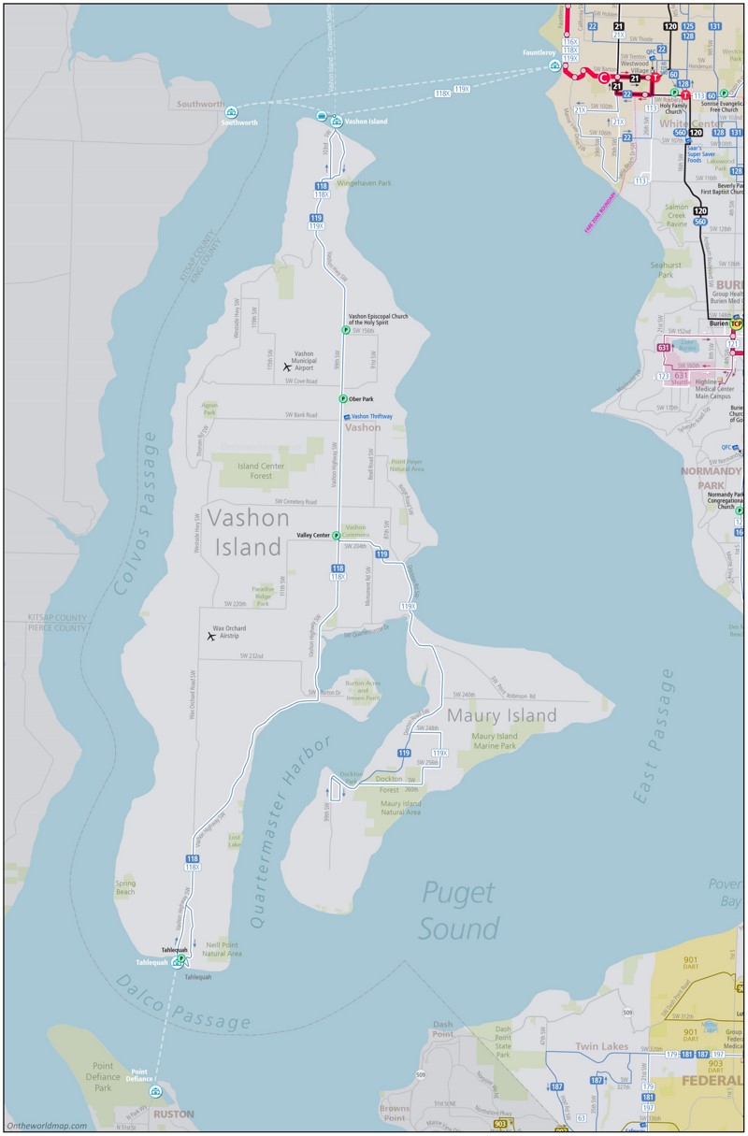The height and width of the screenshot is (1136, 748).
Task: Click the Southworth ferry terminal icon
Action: [230, 112]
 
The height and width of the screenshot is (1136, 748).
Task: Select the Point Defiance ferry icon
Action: [155, 1091]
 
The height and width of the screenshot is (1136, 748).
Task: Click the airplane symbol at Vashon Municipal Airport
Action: [287, 367]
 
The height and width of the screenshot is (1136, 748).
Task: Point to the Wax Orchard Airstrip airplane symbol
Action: [211, 636]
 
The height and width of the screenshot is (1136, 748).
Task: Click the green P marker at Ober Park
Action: [343, 398]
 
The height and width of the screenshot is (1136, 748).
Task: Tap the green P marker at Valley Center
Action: [336, 536]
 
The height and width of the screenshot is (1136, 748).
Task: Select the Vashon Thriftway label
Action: [371, 416]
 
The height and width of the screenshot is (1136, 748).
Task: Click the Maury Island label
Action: [501, 716]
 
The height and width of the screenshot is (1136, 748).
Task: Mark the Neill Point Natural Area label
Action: [223, 949]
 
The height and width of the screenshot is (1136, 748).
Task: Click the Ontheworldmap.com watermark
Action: [47, 1126]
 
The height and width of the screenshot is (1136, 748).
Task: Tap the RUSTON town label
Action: [174, 1114]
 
